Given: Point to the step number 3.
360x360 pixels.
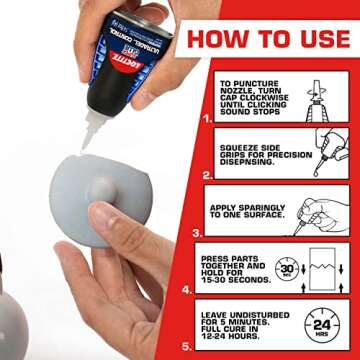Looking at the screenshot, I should pos(195,229).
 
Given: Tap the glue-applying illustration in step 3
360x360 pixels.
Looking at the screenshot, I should pos(322,211).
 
